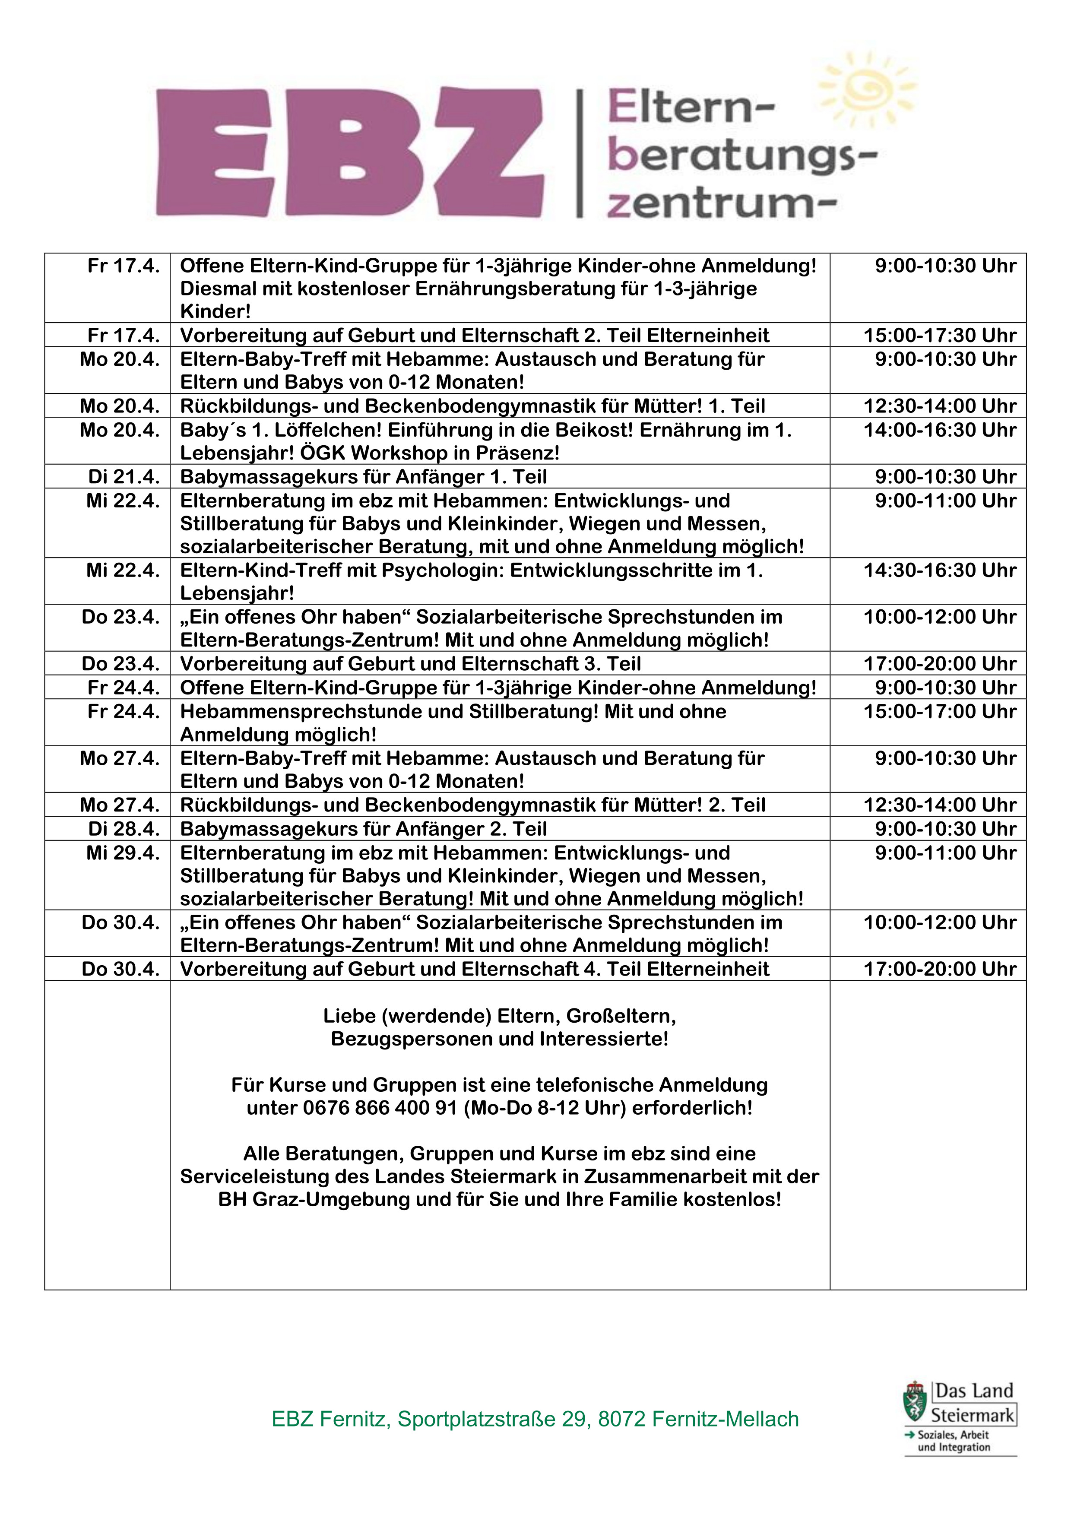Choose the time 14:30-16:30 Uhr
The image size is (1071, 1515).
click(940, 570)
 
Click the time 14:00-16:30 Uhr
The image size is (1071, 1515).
click(940, 430)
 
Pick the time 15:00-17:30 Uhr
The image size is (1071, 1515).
click(940, 335)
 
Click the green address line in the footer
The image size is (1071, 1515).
click(535, 1419)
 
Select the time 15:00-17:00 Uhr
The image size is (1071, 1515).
click(940, 711)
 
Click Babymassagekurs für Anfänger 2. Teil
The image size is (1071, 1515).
click(364, 829)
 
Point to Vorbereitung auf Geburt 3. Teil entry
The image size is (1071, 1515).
click(410, 664)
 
